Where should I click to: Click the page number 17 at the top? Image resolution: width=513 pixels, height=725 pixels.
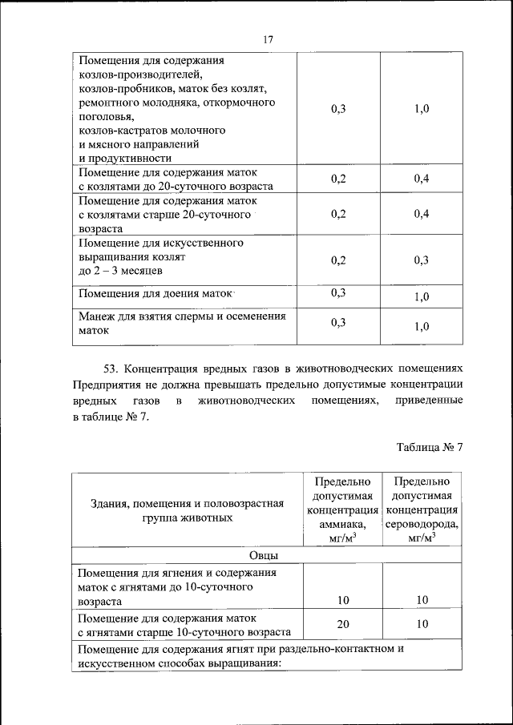(x=268, y=40)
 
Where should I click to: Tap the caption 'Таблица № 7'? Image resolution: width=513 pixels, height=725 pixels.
(x=430, y=448)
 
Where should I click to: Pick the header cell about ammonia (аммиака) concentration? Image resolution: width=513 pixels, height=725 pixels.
(x=343, y=510)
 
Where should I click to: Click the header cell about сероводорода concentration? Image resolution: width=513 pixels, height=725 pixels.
(x=422, y=510)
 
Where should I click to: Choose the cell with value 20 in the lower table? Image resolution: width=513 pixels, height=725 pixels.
(x=343, y=624)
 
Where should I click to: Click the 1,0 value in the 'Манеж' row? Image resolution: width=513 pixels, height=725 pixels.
(x=422, y=326)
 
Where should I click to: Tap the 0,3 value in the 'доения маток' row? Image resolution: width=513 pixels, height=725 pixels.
(x=337, y=293)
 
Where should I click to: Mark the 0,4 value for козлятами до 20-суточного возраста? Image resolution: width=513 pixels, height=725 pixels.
(x=422, y=179)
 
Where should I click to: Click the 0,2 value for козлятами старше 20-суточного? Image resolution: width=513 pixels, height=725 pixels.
(x=337, y=214)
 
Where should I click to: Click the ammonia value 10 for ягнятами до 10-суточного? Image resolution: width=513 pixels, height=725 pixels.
(x=343, y=599)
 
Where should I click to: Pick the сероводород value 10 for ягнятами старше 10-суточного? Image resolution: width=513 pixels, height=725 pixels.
(x=422, y=624)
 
